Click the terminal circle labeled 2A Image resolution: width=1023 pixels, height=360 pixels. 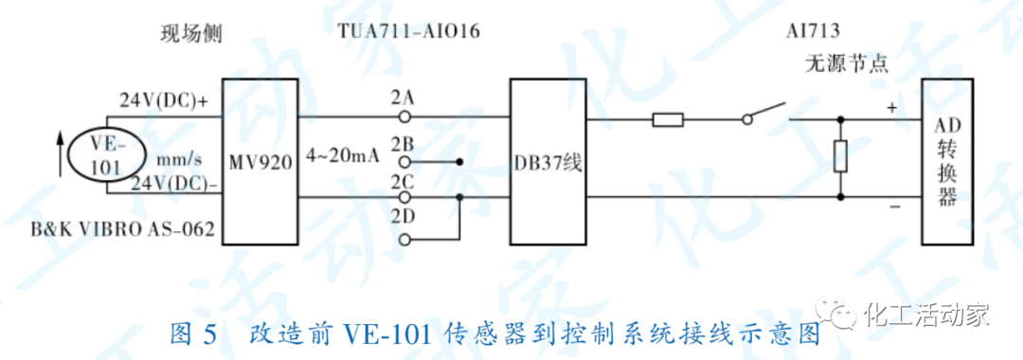click(404, 117)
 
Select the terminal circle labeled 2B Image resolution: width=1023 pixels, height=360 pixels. click(404, 161)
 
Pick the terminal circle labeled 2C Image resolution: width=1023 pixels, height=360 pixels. click(404, 197)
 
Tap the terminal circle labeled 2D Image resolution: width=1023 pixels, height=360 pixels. click(404, 240)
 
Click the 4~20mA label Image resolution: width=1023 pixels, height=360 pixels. click(342, 154)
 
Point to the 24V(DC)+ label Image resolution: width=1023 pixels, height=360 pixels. click(164, 99)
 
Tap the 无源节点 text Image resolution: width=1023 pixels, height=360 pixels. click(846, 65)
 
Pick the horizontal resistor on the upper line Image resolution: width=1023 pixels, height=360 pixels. click(668, 119)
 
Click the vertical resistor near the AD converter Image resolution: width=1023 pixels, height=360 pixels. click(840, 156)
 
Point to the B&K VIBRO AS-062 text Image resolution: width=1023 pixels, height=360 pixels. click(121, 228)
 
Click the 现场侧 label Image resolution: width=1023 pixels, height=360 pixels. click(190, 34)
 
